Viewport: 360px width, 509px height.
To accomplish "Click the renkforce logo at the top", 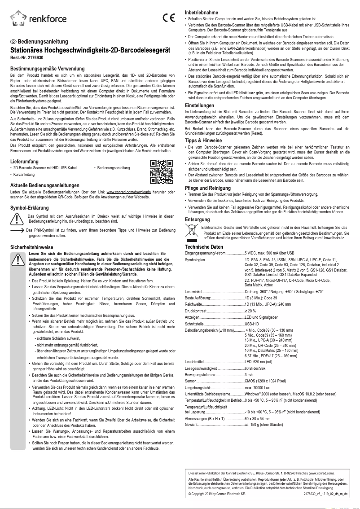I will coord(38,18).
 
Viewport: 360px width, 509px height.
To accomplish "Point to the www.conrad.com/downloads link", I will coord(125,192).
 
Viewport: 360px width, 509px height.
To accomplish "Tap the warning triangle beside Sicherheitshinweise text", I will coord(17,259).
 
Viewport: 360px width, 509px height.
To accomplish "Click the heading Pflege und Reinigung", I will coord(208,188).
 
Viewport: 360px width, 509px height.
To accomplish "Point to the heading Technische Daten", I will coord(204,247).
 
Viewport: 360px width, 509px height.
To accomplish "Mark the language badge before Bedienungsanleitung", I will coord(13,41).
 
